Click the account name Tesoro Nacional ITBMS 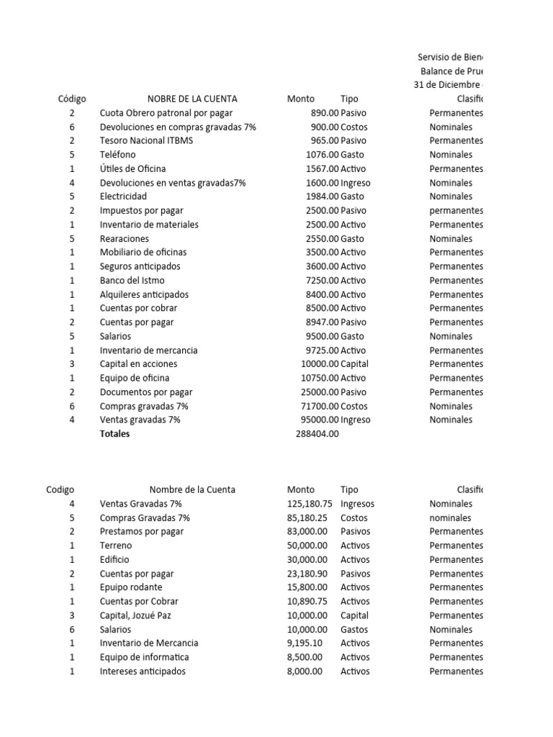146,140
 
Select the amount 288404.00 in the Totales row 317,434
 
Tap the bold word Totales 115,434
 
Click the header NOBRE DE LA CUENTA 192,99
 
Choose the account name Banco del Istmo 132,280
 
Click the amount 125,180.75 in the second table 310,504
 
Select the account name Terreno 116,546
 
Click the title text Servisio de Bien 451,58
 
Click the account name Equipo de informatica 144,657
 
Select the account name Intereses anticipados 143,671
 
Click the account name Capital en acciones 138,363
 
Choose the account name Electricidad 123,196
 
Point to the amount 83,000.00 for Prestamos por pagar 307,531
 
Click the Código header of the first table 72,99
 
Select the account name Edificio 115,559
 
